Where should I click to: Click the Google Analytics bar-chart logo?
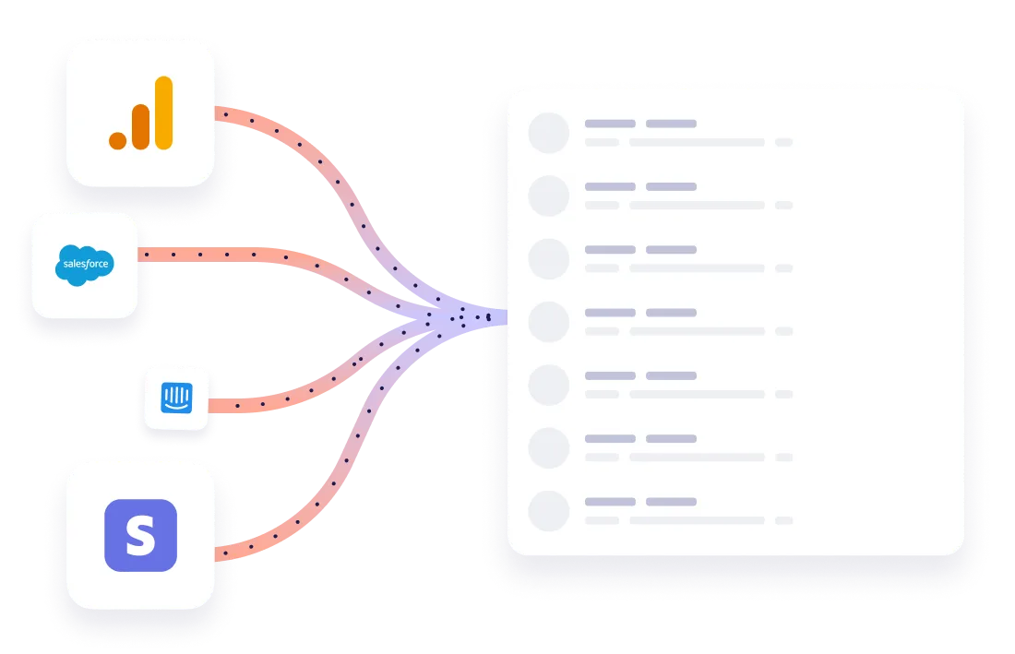coord(140,113)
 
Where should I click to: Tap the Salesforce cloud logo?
coord(85,265)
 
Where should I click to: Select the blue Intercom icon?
coord(177,398)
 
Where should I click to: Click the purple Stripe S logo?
coord(140,535)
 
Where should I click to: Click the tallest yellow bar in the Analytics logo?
coord(163,112)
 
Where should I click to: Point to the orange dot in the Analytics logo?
coord(117,140)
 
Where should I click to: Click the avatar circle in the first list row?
coord(548,133)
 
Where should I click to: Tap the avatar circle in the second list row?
coord(548,196)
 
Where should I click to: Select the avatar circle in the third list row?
coord(548,258)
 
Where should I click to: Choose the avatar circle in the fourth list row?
coord(548,321)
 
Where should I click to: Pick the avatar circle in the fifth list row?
coord(548,385)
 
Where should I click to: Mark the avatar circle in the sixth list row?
coord(548,447)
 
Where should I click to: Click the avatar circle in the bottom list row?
coord(548,510)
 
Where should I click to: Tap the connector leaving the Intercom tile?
coord(268,401)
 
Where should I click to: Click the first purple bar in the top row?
coord(610,124)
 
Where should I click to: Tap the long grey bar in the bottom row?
coord(697,520)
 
